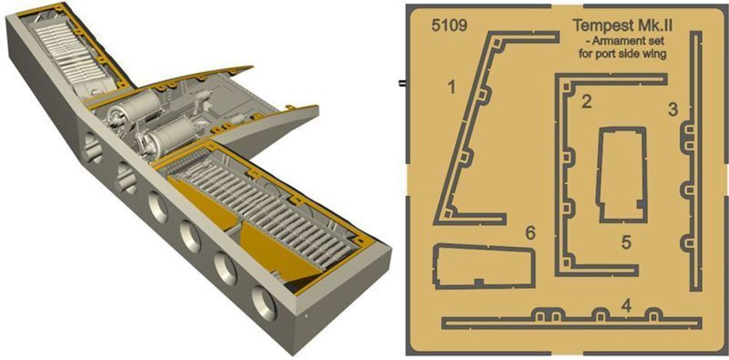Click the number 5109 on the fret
[x=448, y=26]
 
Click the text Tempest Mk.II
[x=624, y=25]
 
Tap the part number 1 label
[x=451, y=87]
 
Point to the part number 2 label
[x=587, y=102]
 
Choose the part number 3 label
[x=673, y=110]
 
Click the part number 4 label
[x=626, y=305]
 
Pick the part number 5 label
[x=626, y=242]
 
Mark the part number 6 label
[x=531, y=233]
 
